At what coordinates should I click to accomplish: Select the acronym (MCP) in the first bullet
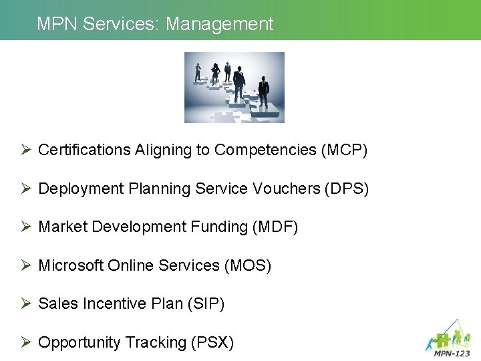click(x=345, y=150)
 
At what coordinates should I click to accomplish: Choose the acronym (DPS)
click(x=346, y=189)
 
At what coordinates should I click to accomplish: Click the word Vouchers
click(x=286, y=189)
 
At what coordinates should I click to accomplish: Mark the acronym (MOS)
click(x=248, y=266)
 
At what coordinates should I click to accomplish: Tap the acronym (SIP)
click(x=206, y=304)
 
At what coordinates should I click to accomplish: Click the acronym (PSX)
click(x=212, y=343)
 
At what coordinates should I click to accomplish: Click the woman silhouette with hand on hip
click(x=215, y=71)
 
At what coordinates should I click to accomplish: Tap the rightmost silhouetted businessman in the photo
click(x=263, y=92)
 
